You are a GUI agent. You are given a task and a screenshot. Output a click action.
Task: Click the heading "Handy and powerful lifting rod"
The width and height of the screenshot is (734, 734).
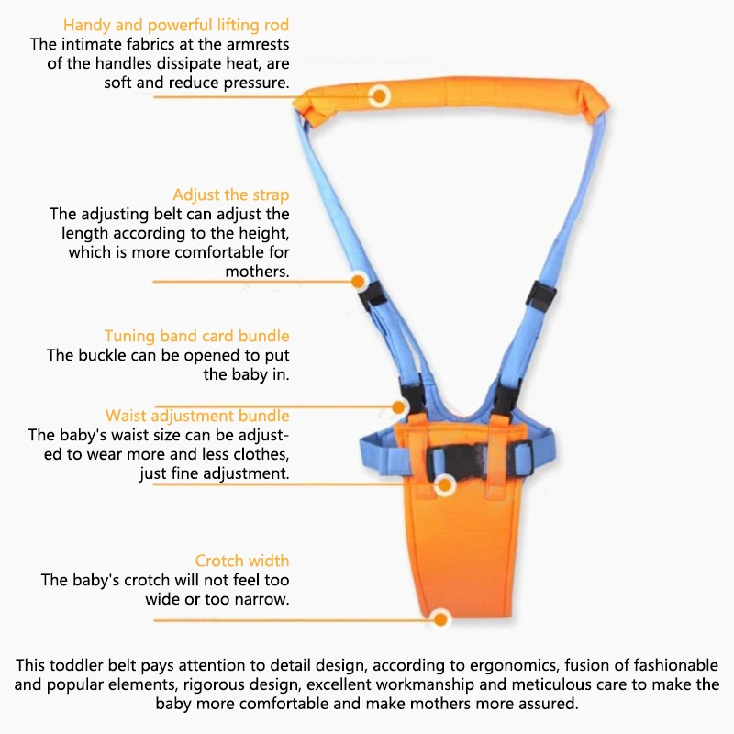pos(176,25)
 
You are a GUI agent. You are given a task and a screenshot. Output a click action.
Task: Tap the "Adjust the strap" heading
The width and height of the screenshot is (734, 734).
pos(231,195)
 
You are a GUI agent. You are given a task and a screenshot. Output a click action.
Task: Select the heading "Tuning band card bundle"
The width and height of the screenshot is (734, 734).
pos(196,336)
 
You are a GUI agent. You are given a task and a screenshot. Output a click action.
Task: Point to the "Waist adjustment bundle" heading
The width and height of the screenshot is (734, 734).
pos(197,416)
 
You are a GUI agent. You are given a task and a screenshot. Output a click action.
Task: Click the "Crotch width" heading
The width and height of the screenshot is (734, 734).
pos(242,561)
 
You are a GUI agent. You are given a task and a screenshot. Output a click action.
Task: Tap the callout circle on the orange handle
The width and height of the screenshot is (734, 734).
pos(380,95)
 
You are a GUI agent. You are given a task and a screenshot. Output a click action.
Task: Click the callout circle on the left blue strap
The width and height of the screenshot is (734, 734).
pos(360,281)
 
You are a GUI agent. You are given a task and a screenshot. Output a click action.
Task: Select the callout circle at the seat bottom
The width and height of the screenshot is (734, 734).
pos(440,619)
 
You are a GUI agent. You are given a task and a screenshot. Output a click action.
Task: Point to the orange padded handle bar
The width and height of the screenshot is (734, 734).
pos(459,101)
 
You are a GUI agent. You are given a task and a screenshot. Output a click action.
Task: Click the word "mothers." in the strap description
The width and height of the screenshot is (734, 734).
pos(257,272)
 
